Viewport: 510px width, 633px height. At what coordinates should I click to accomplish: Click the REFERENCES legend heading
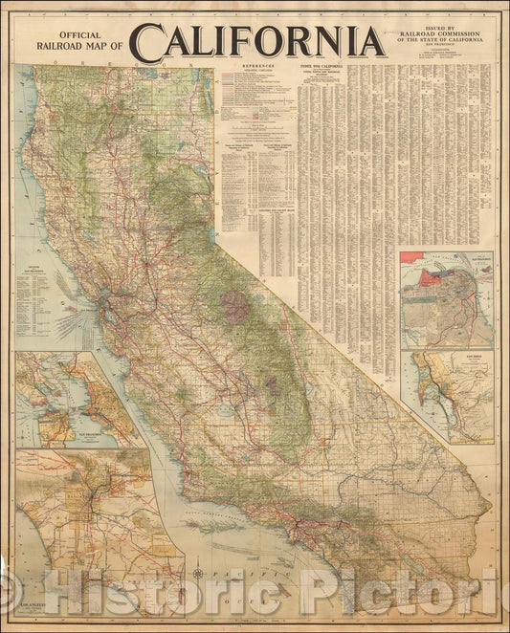252,68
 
